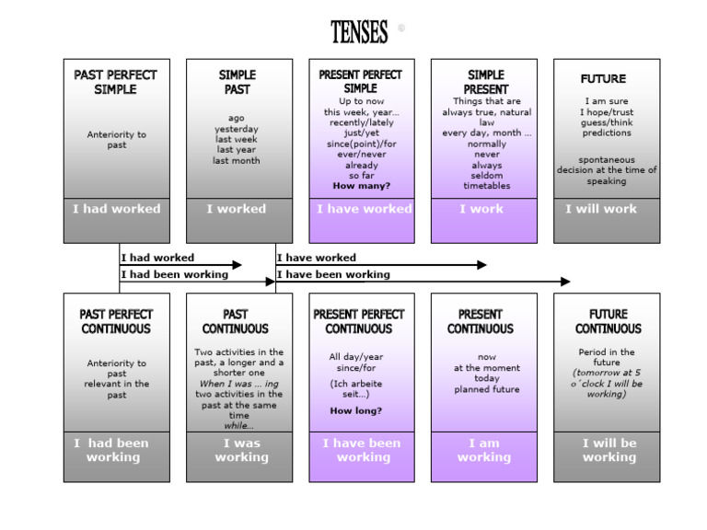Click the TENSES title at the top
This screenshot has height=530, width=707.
tap(359, 32)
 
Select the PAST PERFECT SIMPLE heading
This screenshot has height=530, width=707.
tap(116, 82)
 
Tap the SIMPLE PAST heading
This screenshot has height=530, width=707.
tap(238, 82)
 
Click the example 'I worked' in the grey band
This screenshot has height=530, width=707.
tap(237, 209)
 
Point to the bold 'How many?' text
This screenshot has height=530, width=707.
tap(361, 186)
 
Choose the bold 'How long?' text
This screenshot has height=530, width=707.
tap(357, 410)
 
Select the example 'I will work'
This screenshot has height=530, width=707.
tap(601, 209)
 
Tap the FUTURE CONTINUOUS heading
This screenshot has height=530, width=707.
tap(608, 321)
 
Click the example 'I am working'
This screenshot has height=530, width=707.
tap(483, 450)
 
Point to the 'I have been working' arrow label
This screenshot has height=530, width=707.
tap(333, 274)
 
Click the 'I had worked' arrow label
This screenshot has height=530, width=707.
tap(157, 258)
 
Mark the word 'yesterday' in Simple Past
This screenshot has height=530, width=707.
tap(237, 130)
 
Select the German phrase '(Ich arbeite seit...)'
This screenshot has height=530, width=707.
tap(358, 388)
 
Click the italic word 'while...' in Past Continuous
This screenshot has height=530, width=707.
tap(238, 426)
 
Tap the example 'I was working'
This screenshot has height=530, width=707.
tap(241, 450)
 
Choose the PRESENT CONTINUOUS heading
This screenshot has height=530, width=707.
tap(481, 321)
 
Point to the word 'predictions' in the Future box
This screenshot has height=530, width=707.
tap(606, 133)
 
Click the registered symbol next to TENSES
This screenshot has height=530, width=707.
tap(400, 29)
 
